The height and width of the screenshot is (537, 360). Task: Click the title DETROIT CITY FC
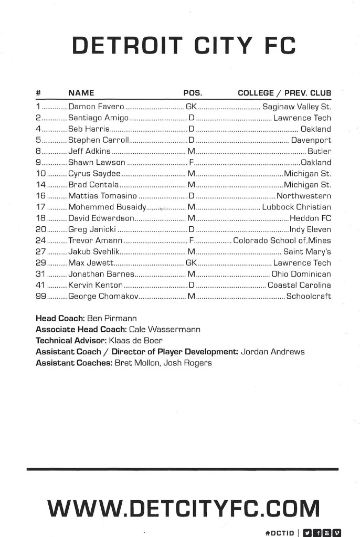click(x=184, y=46)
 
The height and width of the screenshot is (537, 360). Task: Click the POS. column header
click(x=193, y=93)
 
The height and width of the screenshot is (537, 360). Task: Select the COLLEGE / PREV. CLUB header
click(x=284, y=93)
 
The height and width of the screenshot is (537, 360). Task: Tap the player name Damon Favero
click(x=96, y=107)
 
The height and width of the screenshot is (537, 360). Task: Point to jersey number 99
click(x=41, y=297)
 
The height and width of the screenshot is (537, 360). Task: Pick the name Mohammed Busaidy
click(x=107, y=207)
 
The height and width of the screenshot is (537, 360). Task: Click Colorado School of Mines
click(x=282, y=240)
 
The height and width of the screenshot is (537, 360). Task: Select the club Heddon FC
click(x=310, y=218)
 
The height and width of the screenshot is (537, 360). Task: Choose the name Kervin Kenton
click(x=95, y=285)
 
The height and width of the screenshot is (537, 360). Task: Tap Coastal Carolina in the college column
click(x=299, y=285)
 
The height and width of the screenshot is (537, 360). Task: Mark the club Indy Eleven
click(x=310, y=229)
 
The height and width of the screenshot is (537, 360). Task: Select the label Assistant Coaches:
click(x=73, y=363)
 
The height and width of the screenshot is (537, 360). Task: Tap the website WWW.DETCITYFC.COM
click(x=183, y=508)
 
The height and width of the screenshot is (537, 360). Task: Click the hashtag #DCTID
click(x=280, y=533)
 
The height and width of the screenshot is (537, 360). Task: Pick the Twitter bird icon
click(x=308, y=533)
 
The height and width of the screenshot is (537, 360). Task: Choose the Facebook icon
click(x=317, y=533)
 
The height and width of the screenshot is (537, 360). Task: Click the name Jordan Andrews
click(x=272, y=352)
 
